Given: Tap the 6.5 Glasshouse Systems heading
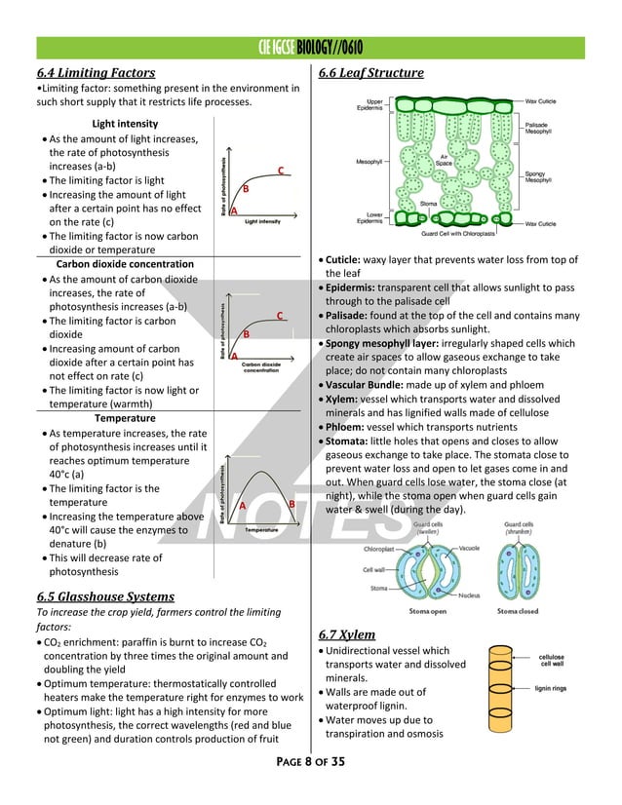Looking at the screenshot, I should click(105, 596).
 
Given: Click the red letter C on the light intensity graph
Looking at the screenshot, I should click(280, 172).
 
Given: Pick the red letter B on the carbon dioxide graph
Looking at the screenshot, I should click(247, 334).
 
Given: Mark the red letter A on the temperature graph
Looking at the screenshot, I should click(241, 504).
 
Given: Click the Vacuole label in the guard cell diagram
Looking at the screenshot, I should click(468, 548).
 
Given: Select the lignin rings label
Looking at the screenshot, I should click(553, 688).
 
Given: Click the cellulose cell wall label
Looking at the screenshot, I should click(552, 660).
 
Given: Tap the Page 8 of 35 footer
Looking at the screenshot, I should click(310, 761).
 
